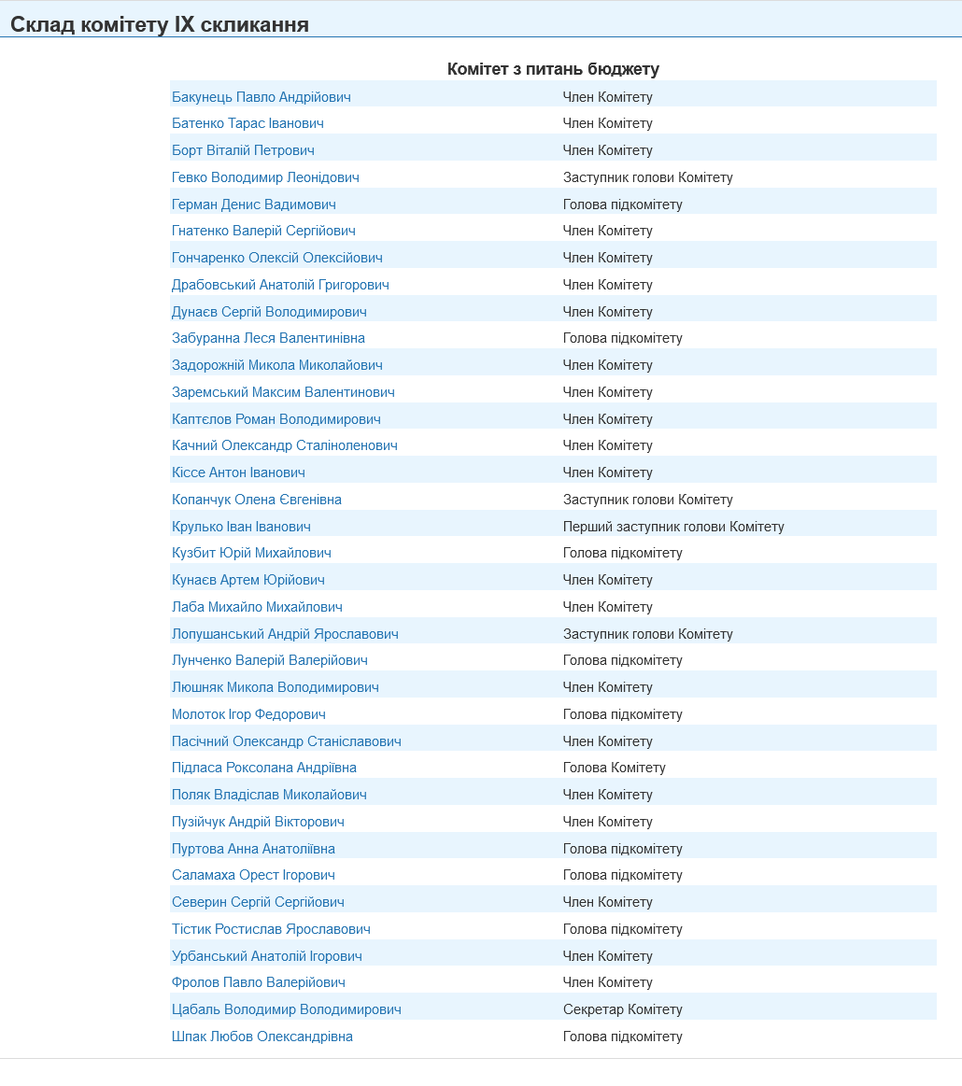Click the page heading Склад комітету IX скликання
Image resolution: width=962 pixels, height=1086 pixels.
click(160, 25)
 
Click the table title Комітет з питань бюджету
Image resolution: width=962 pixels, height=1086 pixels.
click(553, 69)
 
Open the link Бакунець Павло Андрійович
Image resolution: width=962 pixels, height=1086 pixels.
click(262, 97)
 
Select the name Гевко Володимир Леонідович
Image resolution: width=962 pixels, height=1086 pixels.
click(265, 177)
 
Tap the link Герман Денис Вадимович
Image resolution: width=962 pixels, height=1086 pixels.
click(254, 205)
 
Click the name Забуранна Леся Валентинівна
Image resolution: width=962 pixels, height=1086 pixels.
click(268, 338)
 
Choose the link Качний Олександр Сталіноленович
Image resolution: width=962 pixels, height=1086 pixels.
click(285, 445)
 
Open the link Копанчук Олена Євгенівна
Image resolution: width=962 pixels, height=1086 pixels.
click(257, 500)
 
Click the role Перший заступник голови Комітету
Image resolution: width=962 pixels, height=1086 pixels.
click(673, 527)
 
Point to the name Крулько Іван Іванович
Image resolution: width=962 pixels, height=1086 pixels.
click(241, 527)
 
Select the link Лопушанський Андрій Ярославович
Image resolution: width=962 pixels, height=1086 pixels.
click(285, 634)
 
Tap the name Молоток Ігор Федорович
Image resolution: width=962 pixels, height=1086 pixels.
click(248, 714)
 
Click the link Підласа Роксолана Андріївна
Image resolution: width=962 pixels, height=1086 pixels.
click(264, 768)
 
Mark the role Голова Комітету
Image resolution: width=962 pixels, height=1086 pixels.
click(615, 768)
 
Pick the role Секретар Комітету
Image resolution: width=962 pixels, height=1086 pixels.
click(623, 1009)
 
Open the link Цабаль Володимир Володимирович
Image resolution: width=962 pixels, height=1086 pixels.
click(287, 1009)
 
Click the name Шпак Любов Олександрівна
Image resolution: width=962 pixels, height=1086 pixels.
click(262, 1037)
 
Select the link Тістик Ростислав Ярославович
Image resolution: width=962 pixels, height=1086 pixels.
click(271, 929)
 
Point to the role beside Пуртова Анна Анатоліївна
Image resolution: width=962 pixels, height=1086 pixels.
click(623, 849)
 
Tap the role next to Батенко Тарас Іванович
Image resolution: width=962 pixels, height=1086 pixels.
click(608, 123)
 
